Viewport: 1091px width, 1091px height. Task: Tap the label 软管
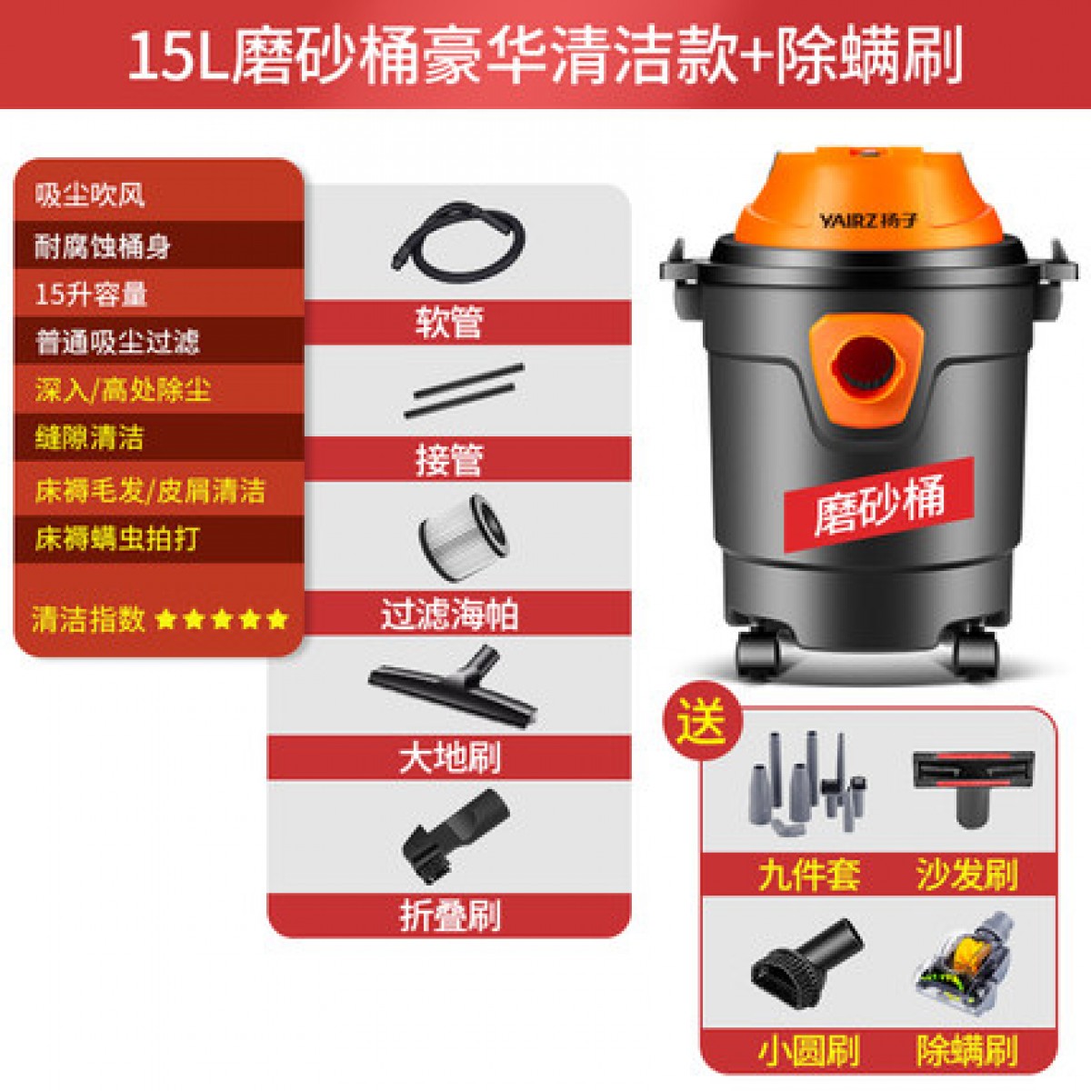click(449, 323)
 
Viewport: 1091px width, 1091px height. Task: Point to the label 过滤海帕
click(449, 615)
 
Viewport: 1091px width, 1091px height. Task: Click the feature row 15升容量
click(91, 295)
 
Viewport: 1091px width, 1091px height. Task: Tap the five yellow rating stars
click(223, 620)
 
